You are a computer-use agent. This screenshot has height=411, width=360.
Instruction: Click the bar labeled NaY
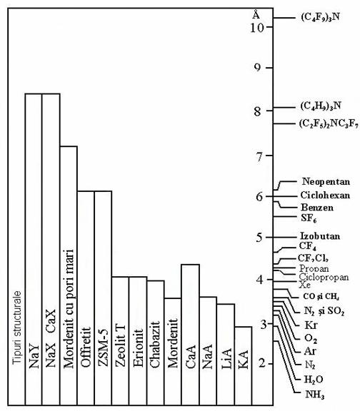[x=34, y=249]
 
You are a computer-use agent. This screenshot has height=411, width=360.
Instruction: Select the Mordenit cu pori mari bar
[x=69, y=275]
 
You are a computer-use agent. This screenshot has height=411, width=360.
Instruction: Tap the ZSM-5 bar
[x=103, y=298]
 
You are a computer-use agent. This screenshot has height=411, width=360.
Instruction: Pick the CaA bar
[x=191, y=335]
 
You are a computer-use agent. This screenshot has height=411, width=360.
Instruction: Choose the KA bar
[x=244, y=365]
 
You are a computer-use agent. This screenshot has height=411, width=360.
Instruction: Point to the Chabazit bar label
[x=155, y=344]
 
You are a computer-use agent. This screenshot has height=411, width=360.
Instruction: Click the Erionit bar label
[x=138, y=347]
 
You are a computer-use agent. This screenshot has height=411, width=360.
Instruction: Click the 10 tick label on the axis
[x=257, y=28]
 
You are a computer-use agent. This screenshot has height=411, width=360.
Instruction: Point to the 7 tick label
[x=259, y=157]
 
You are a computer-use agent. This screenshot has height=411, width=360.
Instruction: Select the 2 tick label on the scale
[x=262, y=363]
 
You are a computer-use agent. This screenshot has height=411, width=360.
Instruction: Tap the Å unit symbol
[x=256, y=14]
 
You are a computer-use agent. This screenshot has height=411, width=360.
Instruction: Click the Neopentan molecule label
[x=326, y=182]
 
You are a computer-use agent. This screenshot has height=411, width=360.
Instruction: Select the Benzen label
[x=317, y=208]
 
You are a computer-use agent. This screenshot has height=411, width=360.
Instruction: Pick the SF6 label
[x=309, y=218]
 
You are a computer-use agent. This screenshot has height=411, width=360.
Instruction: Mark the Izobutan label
[x=320, y=236]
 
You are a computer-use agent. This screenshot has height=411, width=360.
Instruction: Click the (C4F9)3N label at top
[x=321, y=18]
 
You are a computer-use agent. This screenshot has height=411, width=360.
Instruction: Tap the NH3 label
[x=315, y=394]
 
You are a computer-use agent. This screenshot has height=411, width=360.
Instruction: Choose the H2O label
[x=314, y=380]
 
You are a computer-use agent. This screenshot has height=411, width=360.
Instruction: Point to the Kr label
[x=311, y=325]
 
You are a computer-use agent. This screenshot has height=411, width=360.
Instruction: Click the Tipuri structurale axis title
[x=17, y=327]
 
